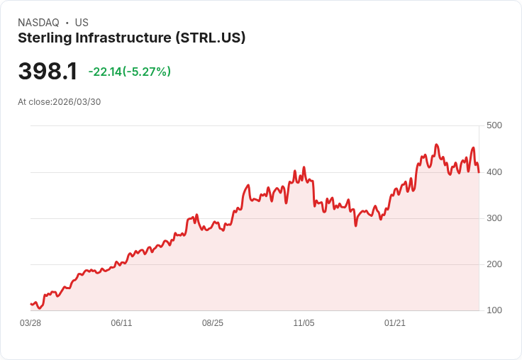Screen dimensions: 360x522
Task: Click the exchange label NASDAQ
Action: point(38,23)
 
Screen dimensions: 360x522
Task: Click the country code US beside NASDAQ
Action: point(82,23)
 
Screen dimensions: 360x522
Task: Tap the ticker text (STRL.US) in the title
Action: point(210,38)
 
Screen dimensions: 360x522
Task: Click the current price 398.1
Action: point(48,72)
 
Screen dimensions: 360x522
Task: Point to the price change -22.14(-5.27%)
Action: point(130,72)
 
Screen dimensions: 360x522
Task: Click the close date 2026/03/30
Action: point(77,102)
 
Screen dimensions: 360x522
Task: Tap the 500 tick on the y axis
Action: point(494,125)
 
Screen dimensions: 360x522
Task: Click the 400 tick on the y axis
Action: point(494,171)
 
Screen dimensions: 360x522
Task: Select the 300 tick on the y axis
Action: point(494,218)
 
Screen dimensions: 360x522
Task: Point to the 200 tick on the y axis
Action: point(494,264)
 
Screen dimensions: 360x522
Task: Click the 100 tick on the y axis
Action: point(494,310)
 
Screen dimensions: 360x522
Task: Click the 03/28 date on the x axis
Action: point(30,323)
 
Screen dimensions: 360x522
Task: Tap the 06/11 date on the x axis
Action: point(121,323)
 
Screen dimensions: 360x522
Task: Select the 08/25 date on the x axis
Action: point(213,323)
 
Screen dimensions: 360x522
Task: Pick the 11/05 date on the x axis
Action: point(304,323)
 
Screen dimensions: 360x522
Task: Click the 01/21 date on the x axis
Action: point(395,323)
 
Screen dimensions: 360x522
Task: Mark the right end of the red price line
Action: point(479,172)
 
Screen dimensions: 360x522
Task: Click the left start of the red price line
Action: point(31,304)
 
